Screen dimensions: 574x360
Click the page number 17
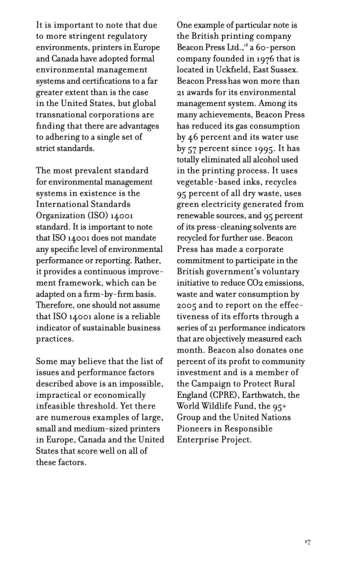[308, 541]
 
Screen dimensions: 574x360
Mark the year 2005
[187, 305]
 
